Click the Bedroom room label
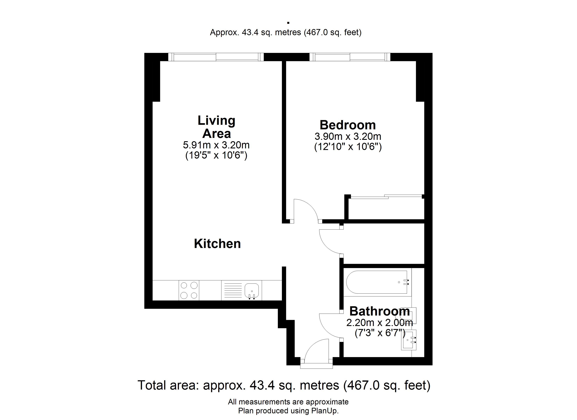tap(348, 125)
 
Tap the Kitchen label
tap(217, 243)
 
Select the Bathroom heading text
tap(380, 311)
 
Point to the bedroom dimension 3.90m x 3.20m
tap(348, 136)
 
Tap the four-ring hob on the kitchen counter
tap(189, 290)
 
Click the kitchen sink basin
tap(252, 291)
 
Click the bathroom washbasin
tap(409, 340)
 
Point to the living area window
tap(216, 57)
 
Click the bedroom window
tap(350, 57)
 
